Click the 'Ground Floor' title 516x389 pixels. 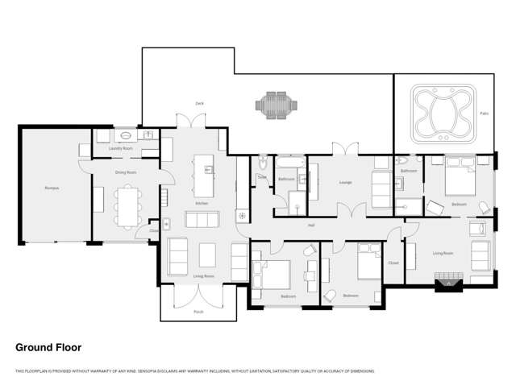pyautogui.click(x=48, y=347)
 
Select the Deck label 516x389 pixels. pyautogui.click(x=198, y=103)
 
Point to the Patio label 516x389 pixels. pyautogui.click(x=484, y=114)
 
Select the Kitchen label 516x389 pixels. pyautogui.click(x=202, y=203)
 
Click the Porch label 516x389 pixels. pyautogui.click(x=198, y=311)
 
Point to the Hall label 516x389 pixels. pyautogui.click(x=310, y=225)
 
